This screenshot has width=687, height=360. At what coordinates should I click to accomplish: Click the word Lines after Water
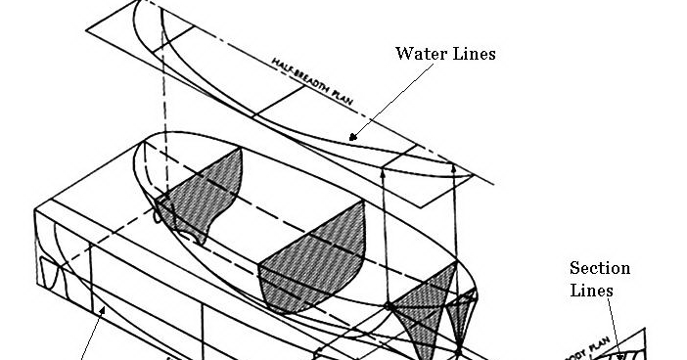click(473, 54)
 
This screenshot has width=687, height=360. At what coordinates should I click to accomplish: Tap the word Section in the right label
click(600, 268)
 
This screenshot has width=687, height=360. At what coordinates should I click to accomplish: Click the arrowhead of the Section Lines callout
click(618, 353)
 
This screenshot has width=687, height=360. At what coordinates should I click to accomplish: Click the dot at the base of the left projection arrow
click(388, 307)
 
